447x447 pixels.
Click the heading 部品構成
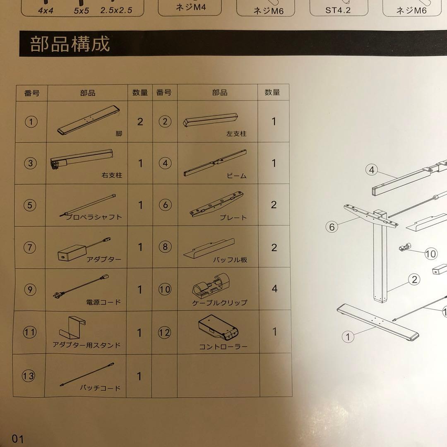(70, 44)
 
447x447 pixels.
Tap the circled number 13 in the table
(29, 376)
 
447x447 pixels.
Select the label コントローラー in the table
(223, 347)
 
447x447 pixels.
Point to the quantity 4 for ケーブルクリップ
(274, 288)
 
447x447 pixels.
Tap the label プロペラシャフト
(94, 217)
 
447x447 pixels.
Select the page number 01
(18, 439)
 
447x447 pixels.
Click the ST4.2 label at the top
(338, 10)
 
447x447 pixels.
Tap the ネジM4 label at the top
(191, 7)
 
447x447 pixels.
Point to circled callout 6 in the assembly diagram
(332, 227)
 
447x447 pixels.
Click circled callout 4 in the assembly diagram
(371, 170)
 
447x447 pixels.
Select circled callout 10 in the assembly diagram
(431, 254)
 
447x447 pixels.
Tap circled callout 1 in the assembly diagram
(348, 337)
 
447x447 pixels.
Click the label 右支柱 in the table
(112, 175)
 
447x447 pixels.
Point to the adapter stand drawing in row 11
(72, 327)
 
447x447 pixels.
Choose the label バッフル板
(230, 260)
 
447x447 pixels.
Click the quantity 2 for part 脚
(140, 122)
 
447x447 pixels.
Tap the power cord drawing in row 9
(81, 286)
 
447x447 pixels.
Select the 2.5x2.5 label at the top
(116, 10)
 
